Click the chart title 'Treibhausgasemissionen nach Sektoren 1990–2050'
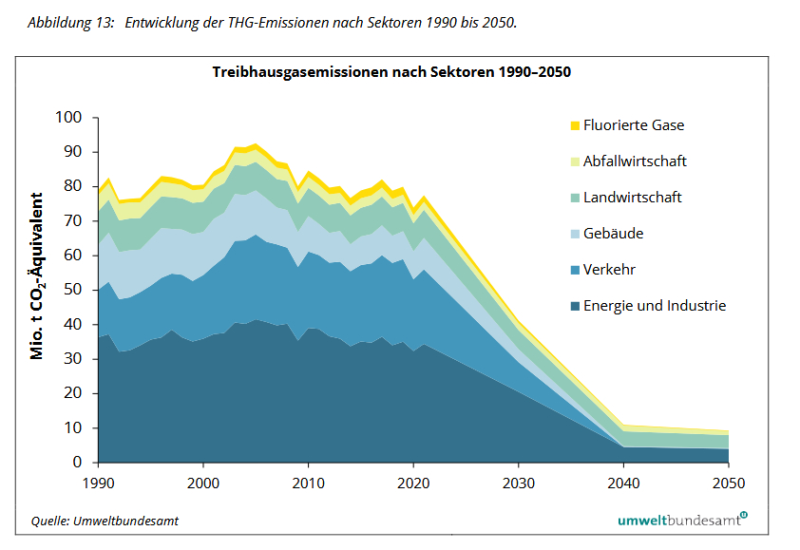click(x=391, y=72)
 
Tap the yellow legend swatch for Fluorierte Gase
click(x=574, y=125)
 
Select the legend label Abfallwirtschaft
click(x=635, y=161)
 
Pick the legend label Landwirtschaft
click(x=633, y=198)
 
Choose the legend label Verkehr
click(x=610, y=270)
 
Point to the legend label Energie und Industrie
click(x=655, y=306)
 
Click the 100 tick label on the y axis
click(x=70, y=118)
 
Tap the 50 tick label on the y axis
click(x=74, y=290)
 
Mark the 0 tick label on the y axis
click(x=78, y=463)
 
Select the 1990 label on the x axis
click(x=98, y=484)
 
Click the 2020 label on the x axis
click(x=412, y=484)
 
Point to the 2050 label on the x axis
click(x=727, y=484)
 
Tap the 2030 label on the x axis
click(x=518, y=484)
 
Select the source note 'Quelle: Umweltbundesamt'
click(x=104, y=521)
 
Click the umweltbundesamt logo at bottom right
click(x=681, y=520)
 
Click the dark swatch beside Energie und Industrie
click(x=574, y=306)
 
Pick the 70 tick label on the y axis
click(x=74, y=221)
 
